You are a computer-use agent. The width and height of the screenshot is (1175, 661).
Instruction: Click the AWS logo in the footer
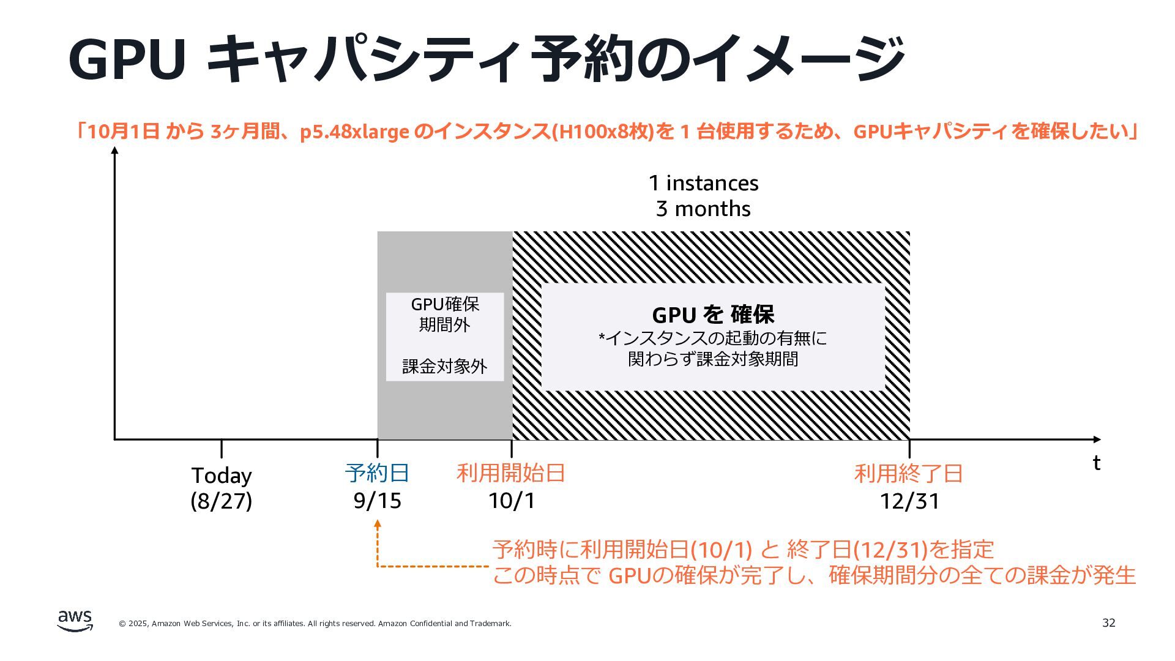75,621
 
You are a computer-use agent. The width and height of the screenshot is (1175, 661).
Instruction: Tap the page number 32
1108,623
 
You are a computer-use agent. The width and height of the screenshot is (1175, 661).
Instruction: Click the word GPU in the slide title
127,59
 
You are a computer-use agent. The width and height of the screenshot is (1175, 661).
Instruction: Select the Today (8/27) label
222,488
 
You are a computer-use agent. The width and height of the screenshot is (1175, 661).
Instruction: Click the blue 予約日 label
377,473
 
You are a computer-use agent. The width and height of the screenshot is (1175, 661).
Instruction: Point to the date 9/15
377,501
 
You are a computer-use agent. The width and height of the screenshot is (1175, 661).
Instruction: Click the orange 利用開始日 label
511,473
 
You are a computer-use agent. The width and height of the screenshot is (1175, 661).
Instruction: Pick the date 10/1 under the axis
512,501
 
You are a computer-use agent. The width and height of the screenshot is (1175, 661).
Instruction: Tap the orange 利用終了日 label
909,474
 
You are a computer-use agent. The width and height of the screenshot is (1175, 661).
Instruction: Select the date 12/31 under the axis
909,501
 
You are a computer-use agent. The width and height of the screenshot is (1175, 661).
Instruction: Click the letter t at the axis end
1097,463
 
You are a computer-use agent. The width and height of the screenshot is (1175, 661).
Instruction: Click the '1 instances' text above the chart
703,183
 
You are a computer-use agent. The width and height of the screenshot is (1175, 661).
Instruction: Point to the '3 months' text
703,209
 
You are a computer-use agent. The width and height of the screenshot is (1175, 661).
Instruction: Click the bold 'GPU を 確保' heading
713,315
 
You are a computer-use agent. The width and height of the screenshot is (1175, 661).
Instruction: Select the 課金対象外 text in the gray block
445,367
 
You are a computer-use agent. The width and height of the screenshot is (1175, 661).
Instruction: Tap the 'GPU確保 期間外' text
445,314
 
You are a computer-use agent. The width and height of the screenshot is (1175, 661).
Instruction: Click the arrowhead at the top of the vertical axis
114,151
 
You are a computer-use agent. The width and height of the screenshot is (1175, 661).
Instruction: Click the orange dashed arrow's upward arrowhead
378,524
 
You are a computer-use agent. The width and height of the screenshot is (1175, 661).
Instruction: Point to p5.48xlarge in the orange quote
354,132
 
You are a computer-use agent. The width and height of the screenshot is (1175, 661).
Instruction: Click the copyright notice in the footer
315,624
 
